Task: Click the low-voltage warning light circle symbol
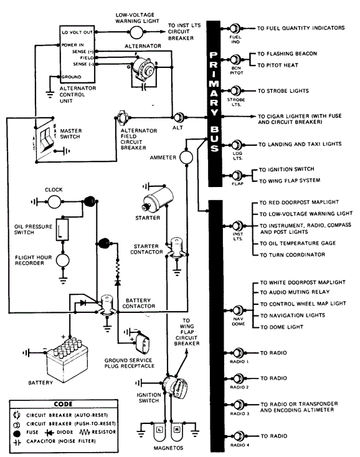(x=136, y=32)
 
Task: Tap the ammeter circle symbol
(x=186, y=157)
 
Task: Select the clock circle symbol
(x=54, y=201)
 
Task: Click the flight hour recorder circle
(x=63, y=261)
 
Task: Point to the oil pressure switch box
(x=62, y=229)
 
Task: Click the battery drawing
(x=67, y=358)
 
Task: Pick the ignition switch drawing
(x=176, y=388)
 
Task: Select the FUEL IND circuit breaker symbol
(x=234, y=29)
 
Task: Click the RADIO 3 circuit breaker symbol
(x=238, y=405)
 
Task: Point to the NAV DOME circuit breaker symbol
(x=237, y=310)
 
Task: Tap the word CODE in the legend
(x=63, y=404)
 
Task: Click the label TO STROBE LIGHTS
(x=283, y=91)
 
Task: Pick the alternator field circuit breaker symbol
(x=121, y=117)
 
